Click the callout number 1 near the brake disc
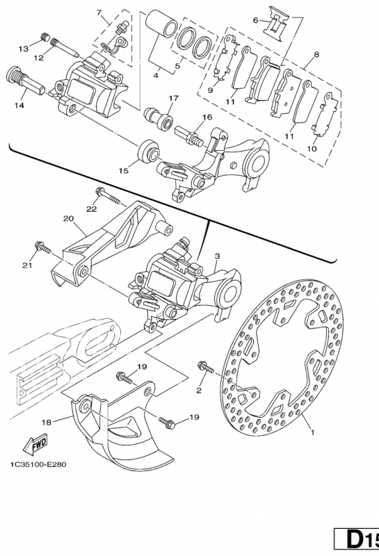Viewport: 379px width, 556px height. [312, 432]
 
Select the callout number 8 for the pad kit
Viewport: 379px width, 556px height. [316, 54]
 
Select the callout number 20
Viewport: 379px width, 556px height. [67, 218]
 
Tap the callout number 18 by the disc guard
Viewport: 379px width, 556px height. [46, 421]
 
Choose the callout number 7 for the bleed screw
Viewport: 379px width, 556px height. [99, 13]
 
